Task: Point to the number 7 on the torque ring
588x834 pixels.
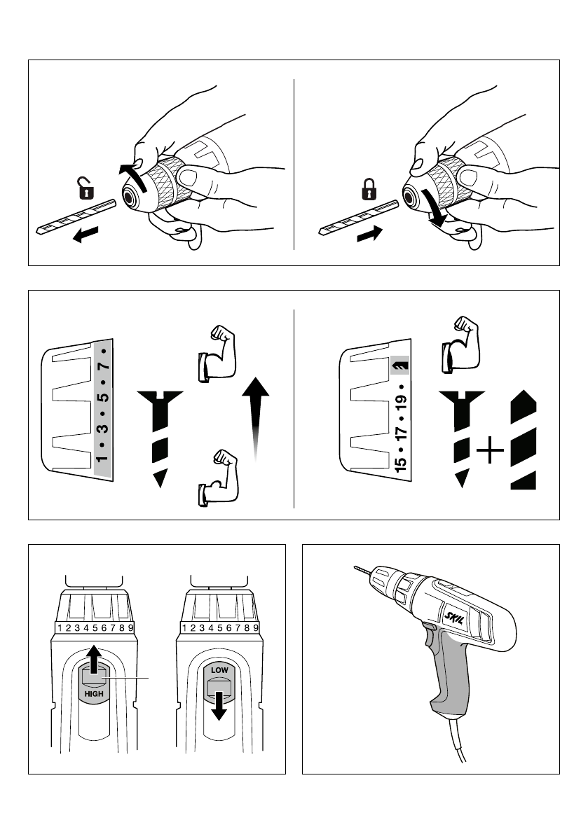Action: pos(102,366)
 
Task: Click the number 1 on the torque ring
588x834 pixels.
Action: pos(102,459)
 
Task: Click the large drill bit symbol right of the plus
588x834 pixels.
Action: pos(522,440)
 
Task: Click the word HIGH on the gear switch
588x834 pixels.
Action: pos(94,693)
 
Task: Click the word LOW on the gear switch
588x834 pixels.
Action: pos(219,670)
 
